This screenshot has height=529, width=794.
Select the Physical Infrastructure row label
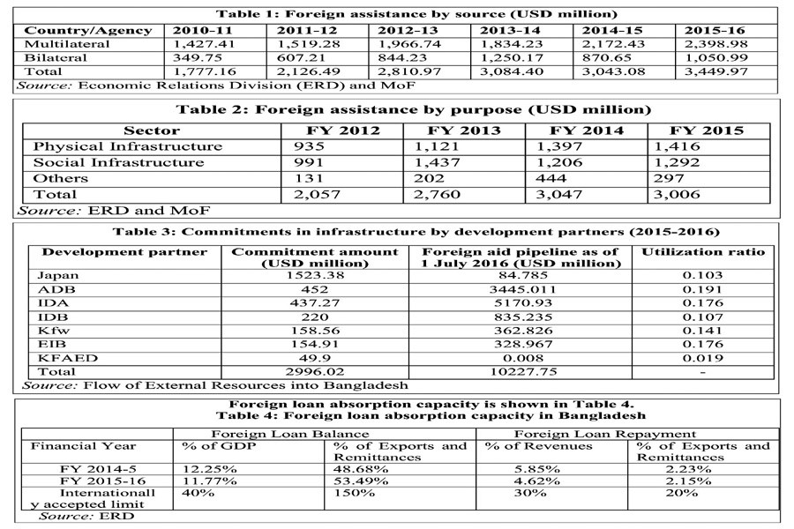(x=127, y=146)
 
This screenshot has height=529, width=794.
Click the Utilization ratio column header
(x=703, y=252)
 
